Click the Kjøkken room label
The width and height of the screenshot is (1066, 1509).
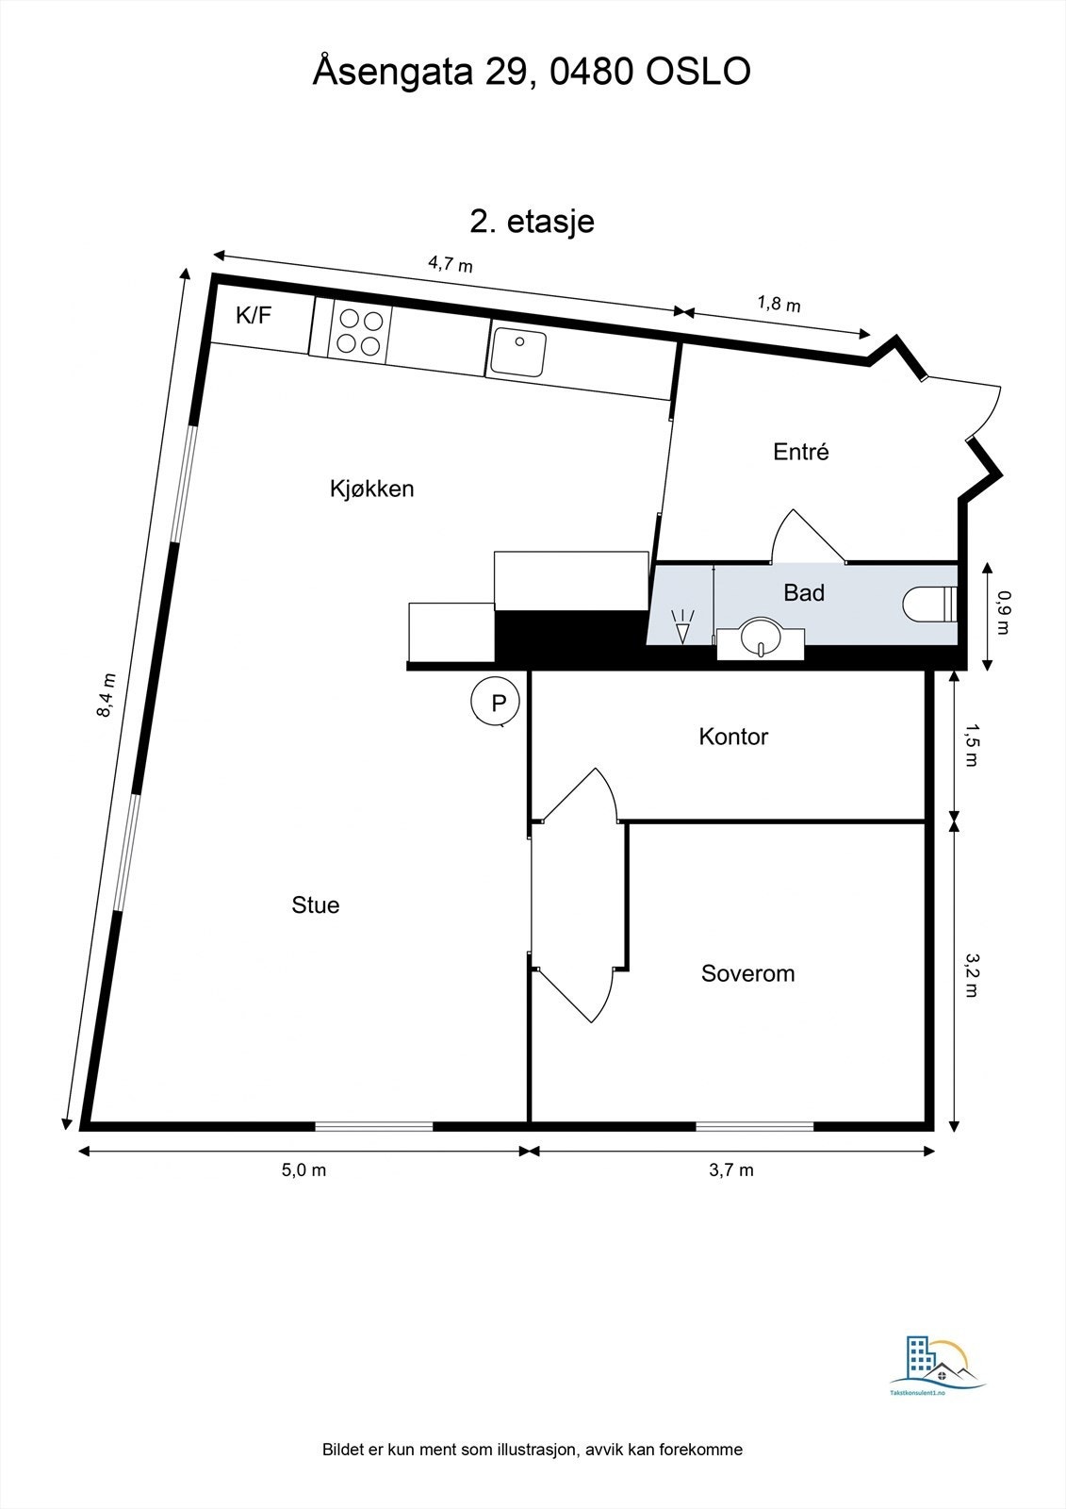click(371, 489)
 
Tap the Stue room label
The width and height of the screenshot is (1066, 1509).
click(315, 905)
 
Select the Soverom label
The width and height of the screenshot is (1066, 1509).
click(747, 973)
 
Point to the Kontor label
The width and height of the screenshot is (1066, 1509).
click(733, 737)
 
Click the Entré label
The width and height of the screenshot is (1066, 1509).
click(800, 452)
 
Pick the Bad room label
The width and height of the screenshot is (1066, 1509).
click(804, 593)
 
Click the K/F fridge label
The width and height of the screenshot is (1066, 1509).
click(254, 316)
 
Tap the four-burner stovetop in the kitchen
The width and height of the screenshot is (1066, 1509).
click(360, 332)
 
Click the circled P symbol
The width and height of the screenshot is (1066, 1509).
click(499, 702)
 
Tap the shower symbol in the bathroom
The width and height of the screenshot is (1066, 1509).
click(681, 627)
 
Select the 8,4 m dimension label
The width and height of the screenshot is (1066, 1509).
click(106, 695)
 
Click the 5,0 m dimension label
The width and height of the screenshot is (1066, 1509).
click(303, 1170)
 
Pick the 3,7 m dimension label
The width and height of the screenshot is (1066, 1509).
click(731, 1170)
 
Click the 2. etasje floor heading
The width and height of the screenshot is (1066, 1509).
click(532, 222)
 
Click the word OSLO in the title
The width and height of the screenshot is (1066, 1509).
click(697, 72)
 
